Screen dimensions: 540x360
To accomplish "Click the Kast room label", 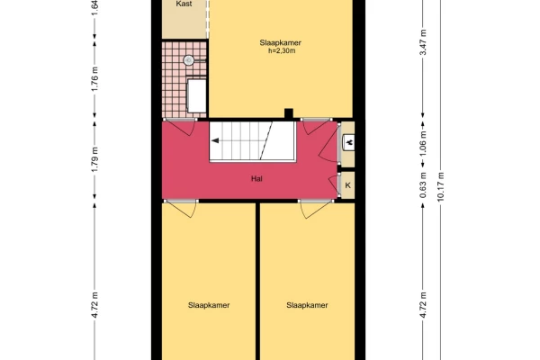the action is [x=184, y=4].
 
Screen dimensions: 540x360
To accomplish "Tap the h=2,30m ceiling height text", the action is [x=282, y=51].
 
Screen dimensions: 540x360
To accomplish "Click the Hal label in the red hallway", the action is [x=256, y=178].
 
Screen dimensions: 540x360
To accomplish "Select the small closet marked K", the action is [x=347, y=185].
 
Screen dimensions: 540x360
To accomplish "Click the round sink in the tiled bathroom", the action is [x=188, y=60].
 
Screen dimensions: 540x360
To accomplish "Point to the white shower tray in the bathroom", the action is [x=196, y=95].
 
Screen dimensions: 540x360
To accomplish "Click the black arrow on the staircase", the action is [x=215, y=140].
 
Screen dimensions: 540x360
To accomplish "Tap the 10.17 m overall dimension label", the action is [x=440, y=186].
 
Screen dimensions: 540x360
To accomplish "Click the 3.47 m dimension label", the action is [x=423, y=42].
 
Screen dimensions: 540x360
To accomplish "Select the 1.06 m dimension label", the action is [x=423, y=143].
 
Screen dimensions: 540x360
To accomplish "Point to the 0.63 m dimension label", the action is [x=423, y=185].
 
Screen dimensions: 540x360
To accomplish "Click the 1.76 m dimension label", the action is [x=94, y=79].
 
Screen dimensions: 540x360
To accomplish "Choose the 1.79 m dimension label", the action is [x=94, y=159].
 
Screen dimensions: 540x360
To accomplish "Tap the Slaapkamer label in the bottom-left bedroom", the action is [x=209, y=305].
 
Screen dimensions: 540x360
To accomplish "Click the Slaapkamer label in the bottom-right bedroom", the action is [x=307, y=305].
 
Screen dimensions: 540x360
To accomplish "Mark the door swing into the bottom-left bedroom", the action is [x=181, y=209].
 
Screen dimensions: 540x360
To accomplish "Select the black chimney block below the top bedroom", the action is [x=289, y=113].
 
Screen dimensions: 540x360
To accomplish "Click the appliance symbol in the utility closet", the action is [x=349, y=142].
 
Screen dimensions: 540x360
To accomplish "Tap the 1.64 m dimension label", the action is [x=94, y=7].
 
